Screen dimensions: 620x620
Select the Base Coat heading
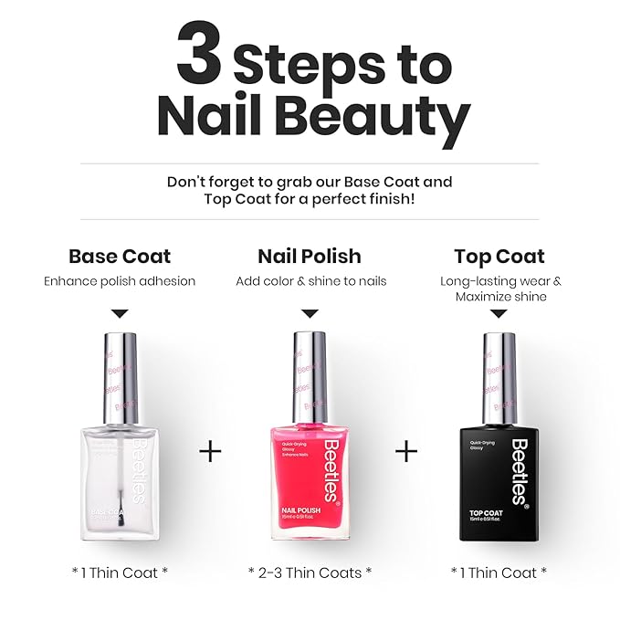tap(120, 256)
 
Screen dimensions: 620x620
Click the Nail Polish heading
tap(310, 256)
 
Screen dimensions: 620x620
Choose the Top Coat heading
tap(499, 256)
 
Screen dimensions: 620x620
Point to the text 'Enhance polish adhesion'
tap(120, 281)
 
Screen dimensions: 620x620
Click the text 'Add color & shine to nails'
tap(310, 281)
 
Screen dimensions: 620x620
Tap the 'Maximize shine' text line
tap(499, 297)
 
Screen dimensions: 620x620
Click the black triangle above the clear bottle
tap(120, 313)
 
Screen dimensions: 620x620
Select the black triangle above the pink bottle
tap(310, 313)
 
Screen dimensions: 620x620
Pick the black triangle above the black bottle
tap(499, 313)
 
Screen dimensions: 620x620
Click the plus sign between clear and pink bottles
tap(210, 451)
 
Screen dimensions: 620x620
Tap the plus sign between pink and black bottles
tap(406, 451)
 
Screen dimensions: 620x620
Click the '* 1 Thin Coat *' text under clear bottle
tap(120, 572)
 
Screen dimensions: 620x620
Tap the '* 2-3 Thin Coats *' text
tap(310, 572)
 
